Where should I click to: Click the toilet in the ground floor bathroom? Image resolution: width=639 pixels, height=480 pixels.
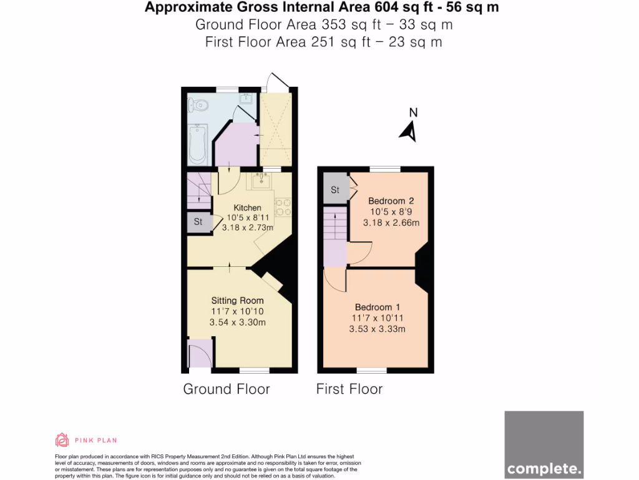click(x=200, y=106)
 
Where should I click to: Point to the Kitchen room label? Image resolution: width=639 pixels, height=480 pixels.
click(x=248, y=207)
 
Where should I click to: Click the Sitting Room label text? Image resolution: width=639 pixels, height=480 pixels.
click(x=237, y=301)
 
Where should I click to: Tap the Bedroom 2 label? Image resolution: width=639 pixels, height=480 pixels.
click(x=391, y=201)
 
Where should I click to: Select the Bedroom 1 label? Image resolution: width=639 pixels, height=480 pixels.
click(x=378, y=307)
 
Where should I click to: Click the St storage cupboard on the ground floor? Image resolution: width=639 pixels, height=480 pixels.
click(x=198, y=222)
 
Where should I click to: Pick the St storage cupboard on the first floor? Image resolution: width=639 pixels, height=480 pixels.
click(x=335, y=190)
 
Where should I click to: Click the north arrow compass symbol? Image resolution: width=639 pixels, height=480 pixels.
click(x=409, y=127)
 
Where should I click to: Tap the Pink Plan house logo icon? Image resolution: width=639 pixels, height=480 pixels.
click(x=62, y=440)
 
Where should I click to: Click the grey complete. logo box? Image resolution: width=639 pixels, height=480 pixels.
click(x=544, y=444)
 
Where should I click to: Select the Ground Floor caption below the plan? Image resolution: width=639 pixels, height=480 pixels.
click(x=226, y=389)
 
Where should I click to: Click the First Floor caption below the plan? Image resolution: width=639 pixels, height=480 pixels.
click(x=349, y=389)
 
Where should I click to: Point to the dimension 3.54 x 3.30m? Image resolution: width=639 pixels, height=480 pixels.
click(x=237, y=322)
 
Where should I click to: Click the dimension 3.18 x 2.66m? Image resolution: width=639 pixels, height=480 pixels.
click(x=391, y=222)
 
